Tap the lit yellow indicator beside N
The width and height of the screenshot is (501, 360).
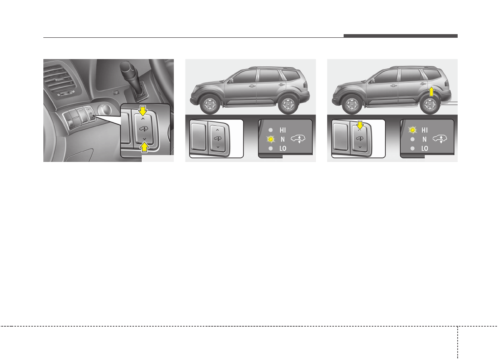click(271, 139)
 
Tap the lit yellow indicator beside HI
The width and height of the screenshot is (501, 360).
click(413, 130)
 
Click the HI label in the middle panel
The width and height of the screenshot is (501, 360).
click(283, 130)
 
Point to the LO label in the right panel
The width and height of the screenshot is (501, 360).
click(424, 148)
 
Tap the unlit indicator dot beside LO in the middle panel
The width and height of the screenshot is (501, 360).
click(271, 149)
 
